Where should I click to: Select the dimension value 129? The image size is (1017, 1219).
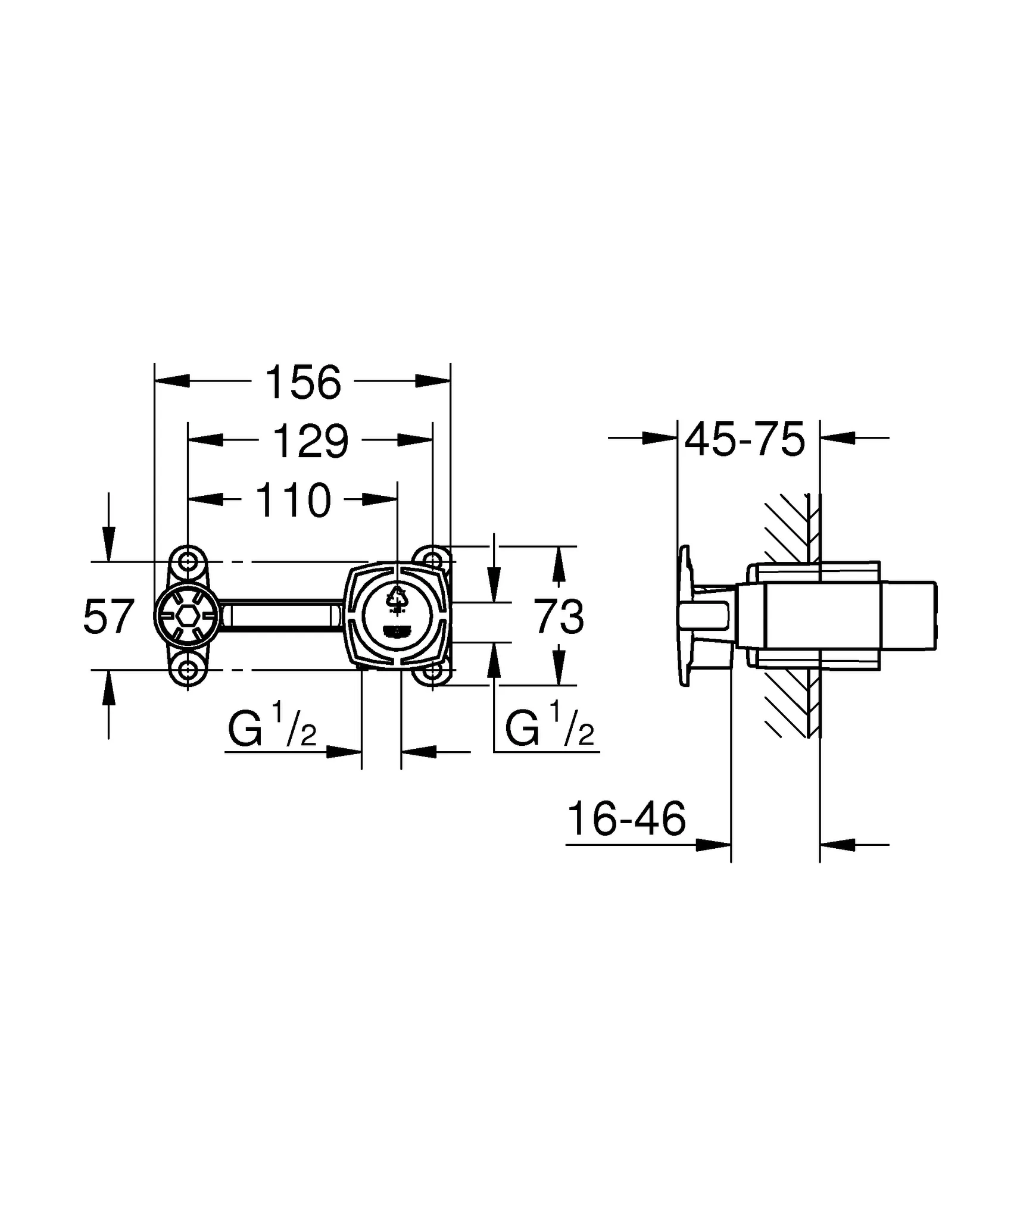pyautogui.click(x=310, y=442)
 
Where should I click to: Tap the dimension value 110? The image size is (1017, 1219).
pyautogui.click(x=293, y=501)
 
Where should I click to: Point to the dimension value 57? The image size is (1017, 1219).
pyautogui.click(x=108, y=617)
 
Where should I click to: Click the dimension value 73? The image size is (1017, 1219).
pyautogui.click(x=558, y=617)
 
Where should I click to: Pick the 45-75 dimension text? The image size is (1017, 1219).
pyautogui.click(x=745, y=440)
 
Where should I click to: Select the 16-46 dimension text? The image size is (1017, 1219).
pyautogui.click(x=626, y=820)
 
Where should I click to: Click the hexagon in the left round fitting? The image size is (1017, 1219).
pyautogui.click(x=188, y=616)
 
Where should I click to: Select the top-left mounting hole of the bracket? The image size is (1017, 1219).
pyautogui.click(x=188, y=561)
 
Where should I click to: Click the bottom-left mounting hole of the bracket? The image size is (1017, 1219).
pyautogui.click(x=188, y=670)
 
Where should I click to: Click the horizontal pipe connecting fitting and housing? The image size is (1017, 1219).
pyautogui.click(x=280, y=615)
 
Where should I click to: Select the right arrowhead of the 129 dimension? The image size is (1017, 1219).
pyautogui.click(x=416, y=440)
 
